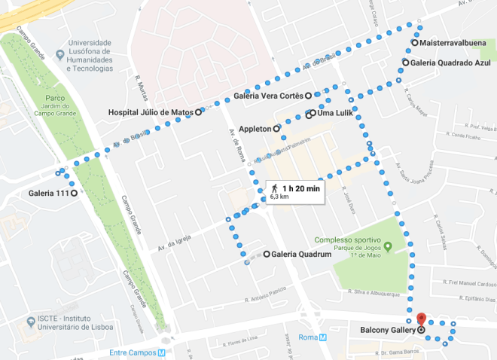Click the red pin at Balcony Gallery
click(421, 319)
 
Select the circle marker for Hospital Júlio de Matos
click(199, 112)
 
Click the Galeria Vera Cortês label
click(268, 96)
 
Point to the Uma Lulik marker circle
click(309, 114)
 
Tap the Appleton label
click(255, 129)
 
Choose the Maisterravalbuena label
click(452, 43)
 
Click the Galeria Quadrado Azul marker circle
click(405, 63)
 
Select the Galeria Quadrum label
click(302, 255)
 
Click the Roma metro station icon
click(323, 337)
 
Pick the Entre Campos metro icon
click(162, 352)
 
